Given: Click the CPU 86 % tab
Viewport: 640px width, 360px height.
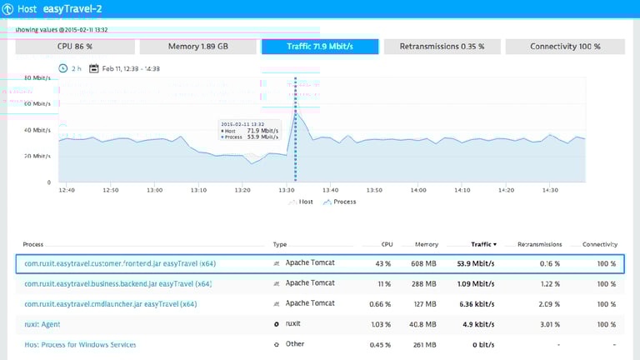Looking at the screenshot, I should [74, 47].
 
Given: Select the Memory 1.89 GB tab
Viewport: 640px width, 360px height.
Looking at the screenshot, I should [197, 47].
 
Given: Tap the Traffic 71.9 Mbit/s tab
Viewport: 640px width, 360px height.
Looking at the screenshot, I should [320, 47].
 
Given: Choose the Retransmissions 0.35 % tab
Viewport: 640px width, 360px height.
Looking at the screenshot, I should [442, 47].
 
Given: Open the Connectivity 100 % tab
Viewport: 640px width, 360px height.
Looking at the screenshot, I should [565, 47].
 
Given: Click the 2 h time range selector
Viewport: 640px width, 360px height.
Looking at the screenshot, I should [70, 68].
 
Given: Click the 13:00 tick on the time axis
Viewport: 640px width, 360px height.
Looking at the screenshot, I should [154, 191].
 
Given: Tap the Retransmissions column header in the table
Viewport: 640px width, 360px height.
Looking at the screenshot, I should [539, 244].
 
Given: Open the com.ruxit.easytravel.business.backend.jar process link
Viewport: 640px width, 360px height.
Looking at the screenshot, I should [117, 284].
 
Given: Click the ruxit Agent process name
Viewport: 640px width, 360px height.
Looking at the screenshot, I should [42, 324].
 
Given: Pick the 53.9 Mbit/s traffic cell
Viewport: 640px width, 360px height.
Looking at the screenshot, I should [477, 264].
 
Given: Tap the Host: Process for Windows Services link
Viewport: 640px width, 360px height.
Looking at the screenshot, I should [79, 344].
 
